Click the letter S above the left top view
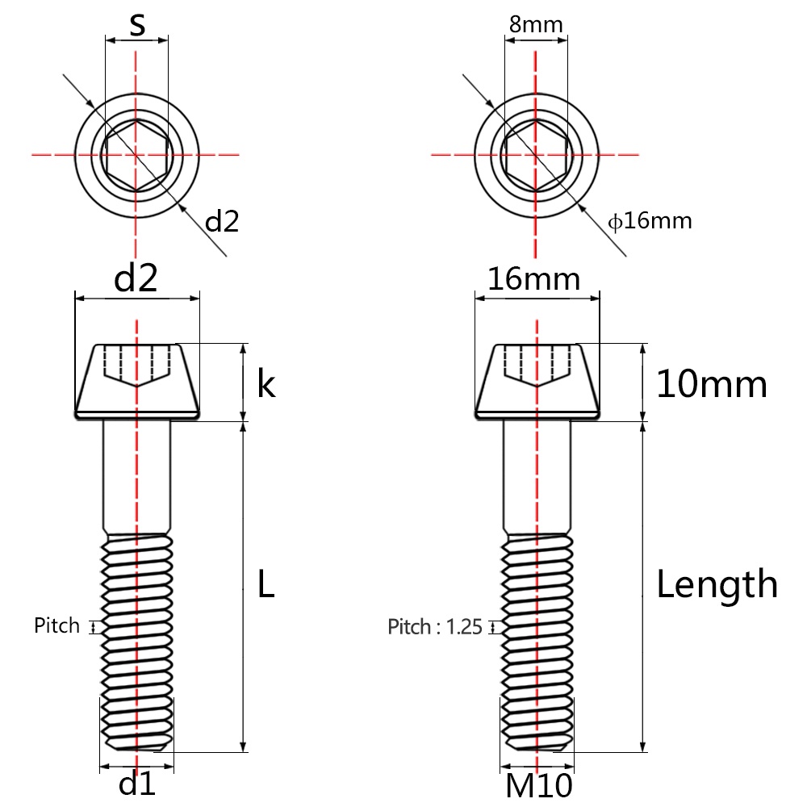pyautogui.click(x=138, y=24)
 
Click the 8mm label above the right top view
pyautogui.click(x=535, y=23)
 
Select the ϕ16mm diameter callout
pyautogui.click(x=650, y=220)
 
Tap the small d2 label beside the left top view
pyautogui.click(x=222, y=221)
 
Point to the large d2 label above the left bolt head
pyautogui.click(x=136, y=278)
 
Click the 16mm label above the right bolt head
pyautogui.click(x=534, y=279)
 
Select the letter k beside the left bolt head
pyautogui.click(x=266, y=384)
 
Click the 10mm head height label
pyautogui.click(x=711, y=384)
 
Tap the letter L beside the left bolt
pyautogui.click(x=266, y=584)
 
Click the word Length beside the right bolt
pyautogui.click(x=717, y=584)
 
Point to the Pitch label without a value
pyautogui.click(x=56, y=625)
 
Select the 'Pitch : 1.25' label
pyautogui.click(x=434, y=627)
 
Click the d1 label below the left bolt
pyautogui.click(x=136, y=784)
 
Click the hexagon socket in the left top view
pyautogui.click(x=136, y=153)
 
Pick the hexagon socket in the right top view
pyautogui.click(x=535, y=153)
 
